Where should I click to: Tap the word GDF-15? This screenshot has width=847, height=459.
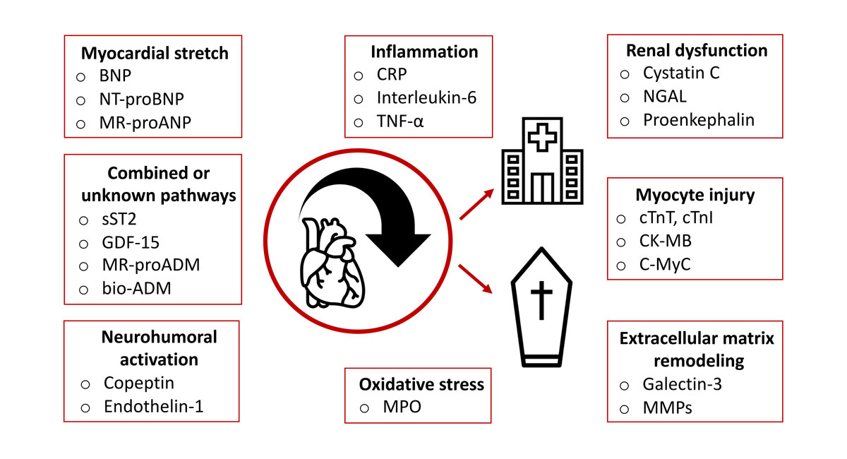coord(131,242)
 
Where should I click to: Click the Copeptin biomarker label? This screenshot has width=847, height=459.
coord(138,383)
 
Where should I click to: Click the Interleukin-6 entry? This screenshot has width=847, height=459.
coord(426,97)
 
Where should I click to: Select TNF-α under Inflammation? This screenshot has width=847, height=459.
coord(400,121)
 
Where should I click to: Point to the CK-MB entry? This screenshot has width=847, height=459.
coord(666,242)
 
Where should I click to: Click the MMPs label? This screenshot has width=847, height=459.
coord(666,407)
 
